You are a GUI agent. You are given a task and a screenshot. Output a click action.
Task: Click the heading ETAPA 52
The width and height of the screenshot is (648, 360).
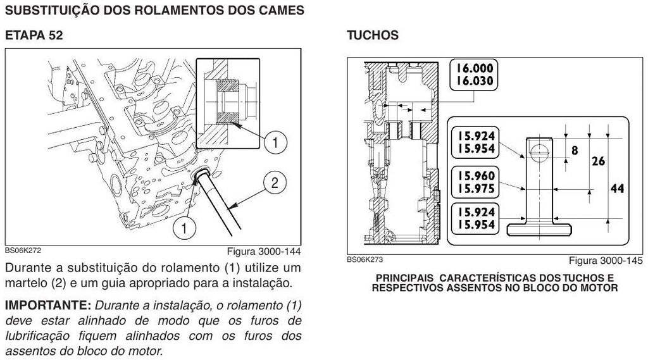[34, 35]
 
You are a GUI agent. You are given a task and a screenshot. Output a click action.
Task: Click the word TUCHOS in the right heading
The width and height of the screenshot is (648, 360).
[373, 35]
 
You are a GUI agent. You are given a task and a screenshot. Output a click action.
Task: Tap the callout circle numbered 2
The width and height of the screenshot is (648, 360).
[275, 183]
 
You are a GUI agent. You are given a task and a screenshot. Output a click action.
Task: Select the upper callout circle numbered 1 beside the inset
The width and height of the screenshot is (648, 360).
[275, 142]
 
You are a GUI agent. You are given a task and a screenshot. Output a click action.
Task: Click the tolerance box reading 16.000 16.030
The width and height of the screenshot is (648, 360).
[474, 75]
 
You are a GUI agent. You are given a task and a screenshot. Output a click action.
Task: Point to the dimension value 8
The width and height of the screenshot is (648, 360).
[575, 151]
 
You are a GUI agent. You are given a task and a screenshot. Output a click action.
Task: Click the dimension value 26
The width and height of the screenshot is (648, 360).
[599, 161]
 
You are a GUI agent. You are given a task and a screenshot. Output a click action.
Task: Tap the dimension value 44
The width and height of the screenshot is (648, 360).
[617, 189]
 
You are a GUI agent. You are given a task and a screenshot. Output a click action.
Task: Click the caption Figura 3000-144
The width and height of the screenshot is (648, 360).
[264, 251]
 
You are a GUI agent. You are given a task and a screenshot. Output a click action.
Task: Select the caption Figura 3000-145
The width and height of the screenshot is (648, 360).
[606, 261]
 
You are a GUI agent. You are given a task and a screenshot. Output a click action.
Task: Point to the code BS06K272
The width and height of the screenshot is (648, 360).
[23, 250]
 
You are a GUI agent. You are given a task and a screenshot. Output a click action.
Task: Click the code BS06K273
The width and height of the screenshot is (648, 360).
[365, 259]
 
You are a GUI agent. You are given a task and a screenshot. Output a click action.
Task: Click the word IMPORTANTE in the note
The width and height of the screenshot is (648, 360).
[48, 306]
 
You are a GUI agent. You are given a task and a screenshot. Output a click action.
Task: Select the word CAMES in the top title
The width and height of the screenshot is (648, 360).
[282, 10]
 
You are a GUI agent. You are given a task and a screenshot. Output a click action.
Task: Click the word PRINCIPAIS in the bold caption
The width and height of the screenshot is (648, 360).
[404, 278]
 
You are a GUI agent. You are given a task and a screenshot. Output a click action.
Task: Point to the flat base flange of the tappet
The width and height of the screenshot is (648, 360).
[539, 229]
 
